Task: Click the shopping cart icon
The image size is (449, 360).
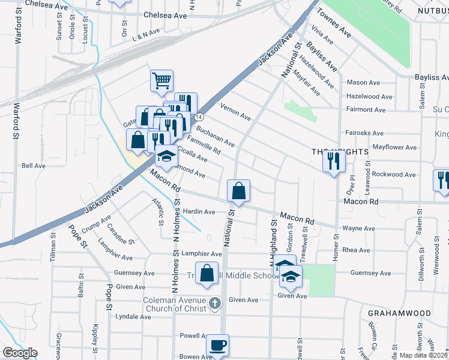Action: pyautogui.click(x=161, y=80)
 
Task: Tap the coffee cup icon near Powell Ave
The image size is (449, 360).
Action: pyautogui.click(x=217, y=346)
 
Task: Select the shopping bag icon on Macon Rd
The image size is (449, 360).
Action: pyautogui.click(x=238, y=191)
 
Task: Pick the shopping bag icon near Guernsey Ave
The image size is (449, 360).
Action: pyautogui.click(x=206, y=273)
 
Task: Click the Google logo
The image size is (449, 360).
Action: pyautogui.click(x=20, y=353)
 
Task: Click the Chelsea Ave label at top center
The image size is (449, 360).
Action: pyautogui.click(x=164, y=14)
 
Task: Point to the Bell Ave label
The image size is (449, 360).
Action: pyautogui.click(x=34, y=166)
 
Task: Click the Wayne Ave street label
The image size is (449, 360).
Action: pyautogui.click(x=358, y=229)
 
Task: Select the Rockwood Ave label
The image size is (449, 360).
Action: pyautogui.click(x=394, y=175)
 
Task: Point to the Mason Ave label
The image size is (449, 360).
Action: pyautogui.click(x=364, y=83)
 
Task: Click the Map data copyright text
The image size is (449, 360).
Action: pyautogui.click(x=423, y=355)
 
